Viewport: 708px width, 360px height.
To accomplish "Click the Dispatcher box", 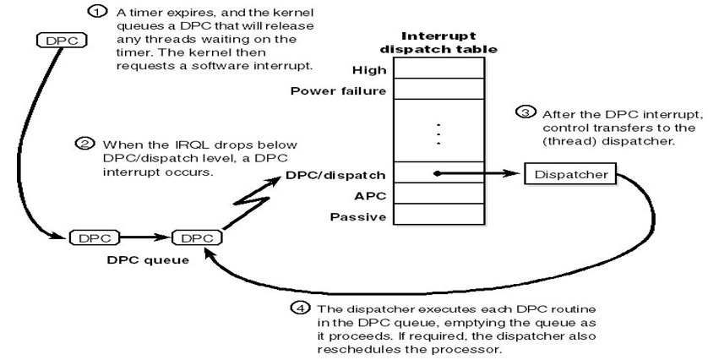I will click(571, 175).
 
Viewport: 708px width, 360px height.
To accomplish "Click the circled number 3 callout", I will click(526, 112).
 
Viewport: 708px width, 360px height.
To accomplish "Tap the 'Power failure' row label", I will click(338, 90).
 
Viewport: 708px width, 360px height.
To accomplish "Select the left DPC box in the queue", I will click(95, 238).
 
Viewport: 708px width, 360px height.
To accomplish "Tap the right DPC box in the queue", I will click(197, 238).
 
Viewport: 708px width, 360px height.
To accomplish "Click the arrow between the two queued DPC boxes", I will click(145, 238).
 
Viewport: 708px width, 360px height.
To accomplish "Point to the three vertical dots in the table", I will click(438, 134).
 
